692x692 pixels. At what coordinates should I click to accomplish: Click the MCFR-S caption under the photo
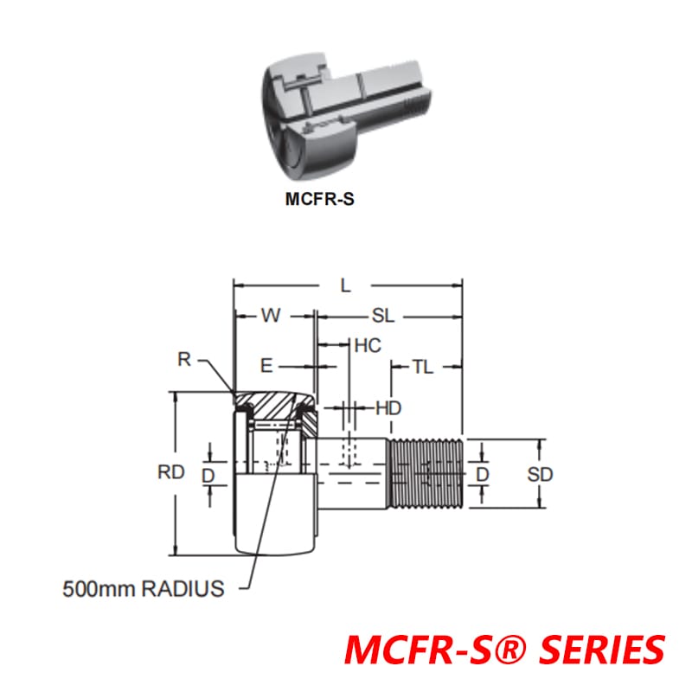click(319, 198)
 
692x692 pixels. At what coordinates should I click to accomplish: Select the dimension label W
click(272, 317)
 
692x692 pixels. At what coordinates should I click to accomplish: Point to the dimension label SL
click(383, 317)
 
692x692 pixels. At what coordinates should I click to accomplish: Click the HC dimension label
click(368, 346)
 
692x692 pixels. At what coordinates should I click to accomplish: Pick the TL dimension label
click(422, 367)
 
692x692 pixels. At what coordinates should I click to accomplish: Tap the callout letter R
click(183, 359)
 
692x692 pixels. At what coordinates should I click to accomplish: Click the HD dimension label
click(388, 407)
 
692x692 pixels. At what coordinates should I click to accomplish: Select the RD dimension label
click(171, 472)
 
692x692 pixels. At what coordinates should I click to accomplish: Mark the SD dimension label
click(540, 474)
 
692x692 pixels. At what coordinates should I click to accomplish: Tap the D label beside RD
click(208, 474)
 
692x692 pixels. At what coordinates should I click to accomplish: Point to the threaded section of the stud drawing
click(426, 474)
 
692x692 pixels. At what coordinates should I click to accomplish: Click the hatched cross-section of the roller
click(275, 403)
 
